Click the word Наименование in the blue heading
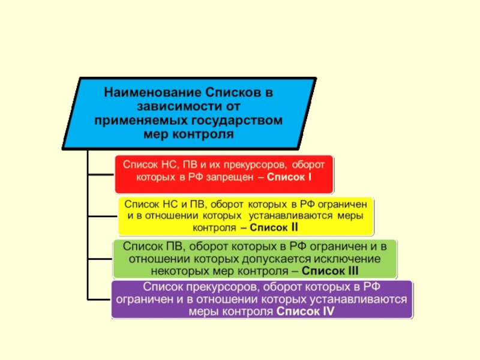point(152,92)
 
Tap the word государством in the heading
point(236,120)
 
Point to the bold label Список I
point(289,177)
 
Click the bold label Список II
point(274,227)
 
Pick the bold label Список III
point(330,271)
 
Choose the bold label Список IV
point(305,311)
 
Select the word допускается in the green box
point(277,259)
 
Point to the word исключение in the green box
point(347,259)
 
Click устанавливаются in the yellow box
point(290,216)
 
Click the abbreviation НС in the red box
point(170,164)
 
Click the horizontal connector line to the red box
point(101,175)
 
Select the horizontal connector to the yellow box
point(103,216)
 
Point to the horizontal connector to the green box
point(100,259)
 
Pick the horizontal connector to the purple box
point(100,299)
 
